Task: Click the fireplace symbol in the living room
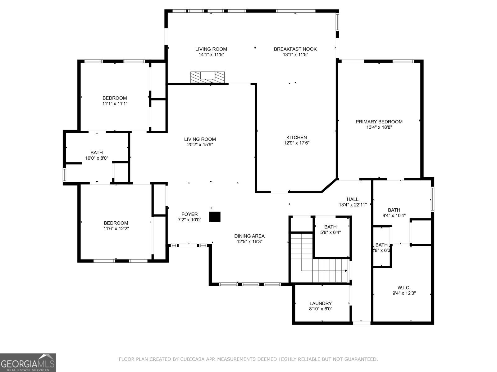(207, 77)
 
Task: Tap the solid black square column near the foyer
(215, 217)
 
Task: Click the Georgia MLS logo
(28, 362)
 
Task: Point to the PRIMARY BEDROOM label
(379, 122)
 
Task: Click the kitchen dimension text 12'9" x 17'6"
(296, 143)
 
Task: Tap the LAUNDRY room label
(321, 303)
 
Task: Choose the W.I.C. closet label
(404, 288)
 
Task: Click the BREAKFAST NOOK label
(295, 49)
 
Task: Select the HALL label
(353, 199)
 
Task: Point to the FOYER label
(189, 214)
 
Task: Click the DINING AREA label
(249, 236)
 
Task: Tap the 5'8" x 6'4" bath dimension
(330, 232)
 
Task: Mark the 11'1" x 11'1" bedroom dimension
(115, 104)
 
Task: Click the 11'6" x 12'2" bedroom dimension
(116, 229)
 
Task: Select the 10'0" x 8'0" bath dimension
(97, 158)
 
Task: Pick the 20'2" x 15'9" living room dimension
(200, 145)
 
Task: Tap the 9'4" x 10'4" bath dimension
(394, 215)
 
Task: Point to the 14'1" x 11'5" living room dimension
(211, 55)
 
